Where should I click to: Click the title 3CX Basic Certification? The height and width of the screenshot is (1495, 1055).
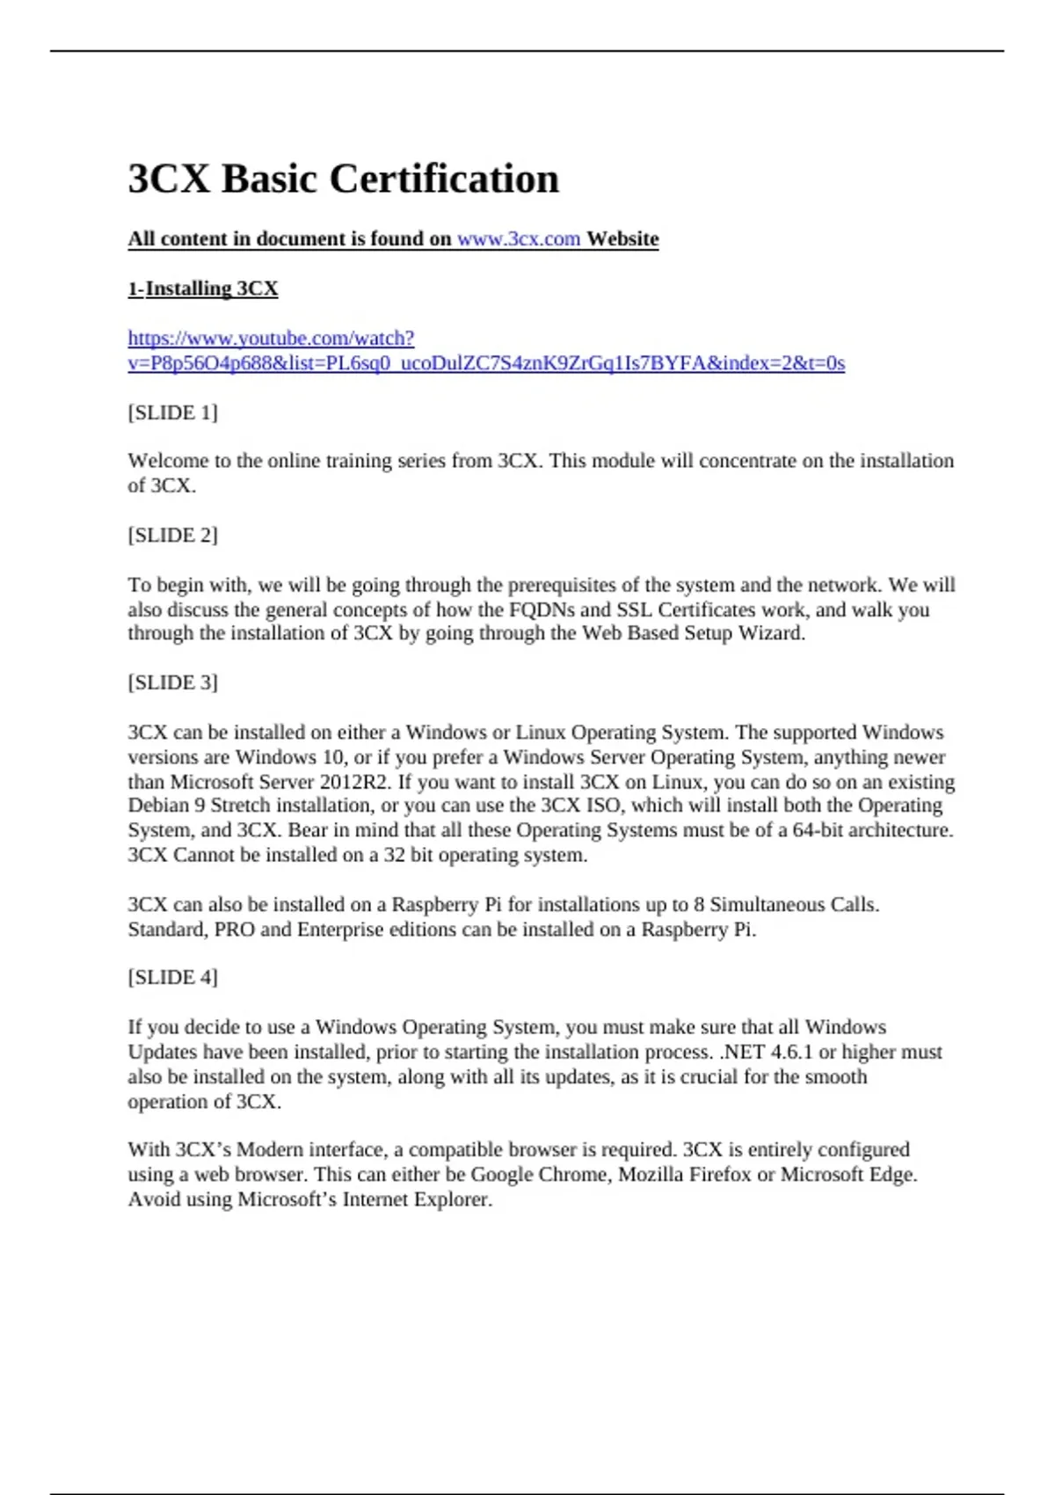343,179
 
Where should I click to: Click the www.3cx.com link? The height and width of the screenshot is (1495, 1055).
518,239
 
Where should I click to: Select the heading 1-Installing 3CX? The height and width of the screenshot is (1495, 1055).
203,288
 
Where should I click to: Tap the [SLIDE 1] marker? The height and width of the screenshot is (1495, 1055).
172,412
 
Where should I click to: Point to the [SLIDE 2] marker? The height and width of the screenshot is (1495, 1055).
172,535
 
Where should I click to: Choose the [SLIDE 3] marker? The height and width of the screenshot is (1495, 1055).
172,682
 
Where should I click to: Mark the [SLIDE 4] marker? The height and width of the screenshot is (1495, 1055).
172,977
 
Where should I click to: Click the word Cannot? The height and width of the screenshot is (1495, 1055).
202,855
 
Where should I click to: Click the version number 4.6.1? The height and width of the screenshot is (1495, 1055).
791,1052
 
